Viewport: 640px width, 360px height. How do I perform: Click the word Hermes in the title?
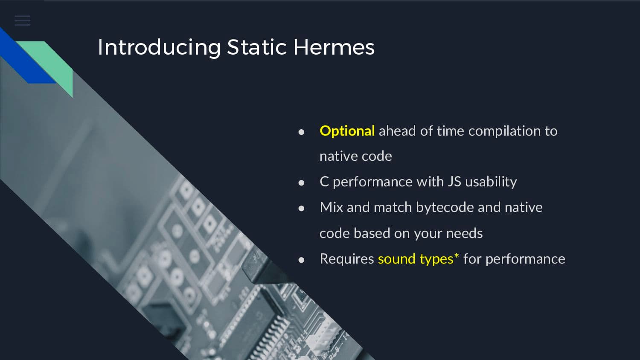pyautogui.click(x=334, y=47)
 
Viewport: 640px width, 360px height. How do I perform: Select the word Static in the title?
pyautogui.click(x=257, y=47)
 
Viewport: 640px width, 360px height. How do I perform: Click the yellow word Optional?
pyautogui.click(x=347, y=131)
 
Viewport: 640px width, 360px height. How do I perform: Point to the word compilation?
pyautogui.click(x=504, y=131)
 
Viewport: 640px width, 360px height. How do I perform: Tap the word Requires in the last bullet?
pyautogui.click(x=347, y=259)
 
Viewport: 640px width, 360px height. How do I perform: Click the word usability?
pyautogui.click(x=491, y=182)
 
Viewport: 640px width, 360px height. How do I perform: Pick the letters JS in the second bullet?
pyautogui.click(x=454, y=182)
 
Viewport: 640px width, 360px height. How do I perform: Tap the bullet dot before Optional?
pyautogui.click(x=301, y=132)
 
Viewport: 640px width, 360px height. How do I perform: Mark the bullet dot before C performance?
pyautogui.click(x=301, y=183)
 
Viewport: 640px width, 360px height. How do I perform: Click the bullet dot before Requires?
pyautogui.click(x=301, y=260)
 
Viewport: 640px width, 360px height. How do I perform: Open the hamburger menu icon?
pyautogui.click(x=23, y=21)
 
